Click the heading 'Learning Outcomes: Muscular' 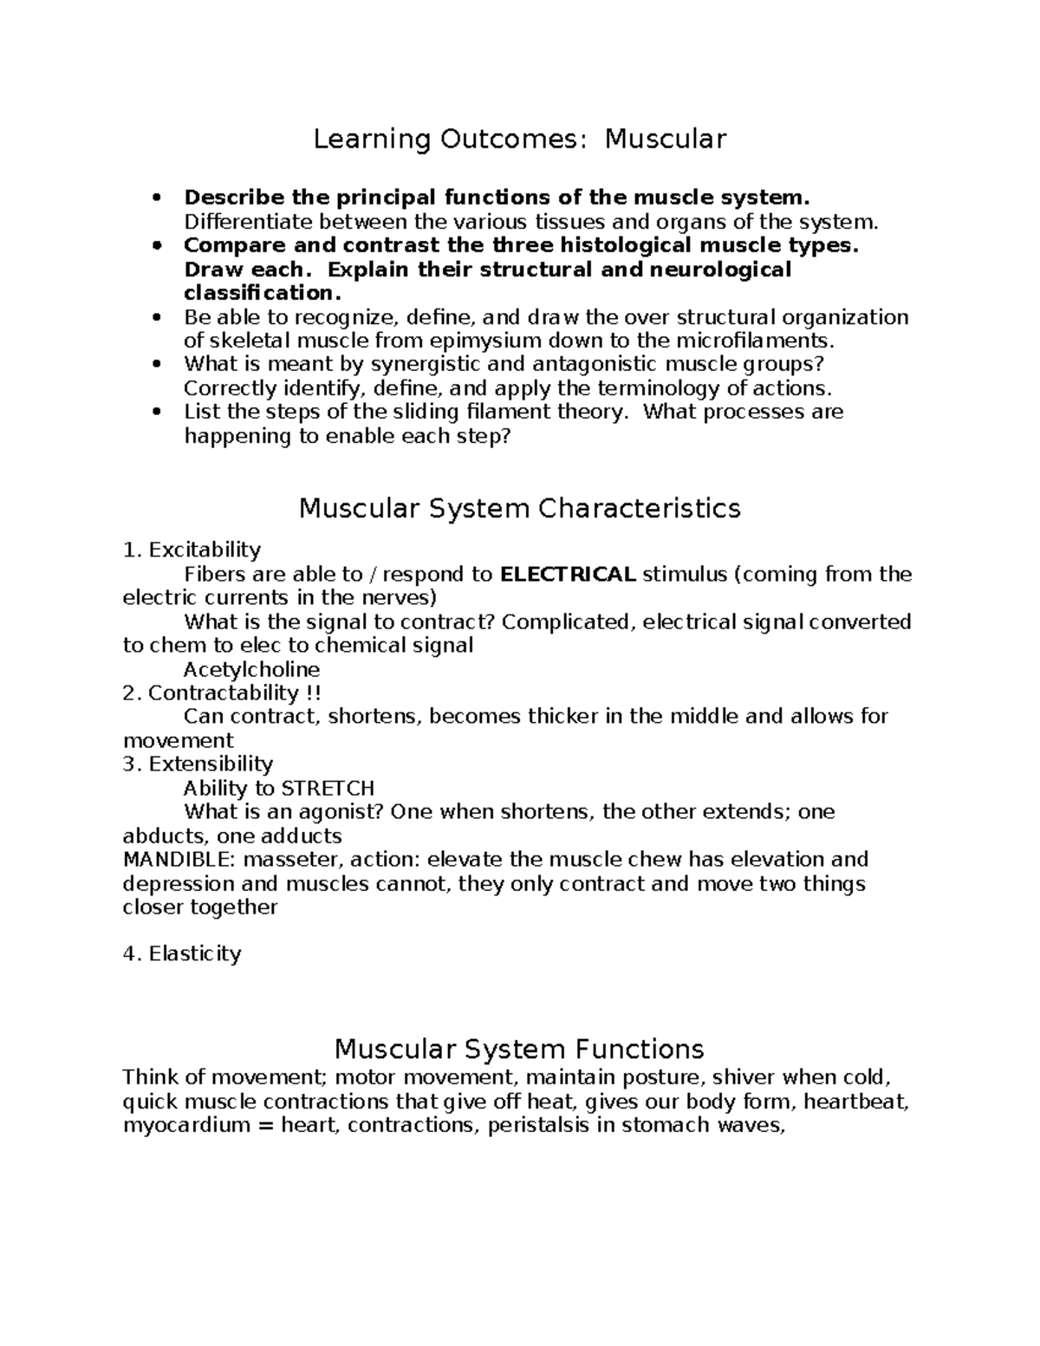[519, 139]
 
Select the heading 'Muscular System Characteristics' [519, 508]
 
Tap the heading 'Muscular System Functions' [519, 1050]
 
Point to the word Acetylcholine [251, 670]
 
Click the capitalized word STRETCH [328, 789]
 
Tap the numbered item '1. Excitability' [192, 550]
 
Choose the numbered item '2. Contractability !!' [222, 693]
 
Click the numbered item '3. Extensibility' [198, 764]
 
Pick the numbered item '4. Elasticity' [182, 954]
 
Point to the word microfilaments [746, 341]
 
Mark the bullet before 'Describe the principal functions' [157, 198]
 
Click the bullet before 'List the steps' [157, 413]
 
